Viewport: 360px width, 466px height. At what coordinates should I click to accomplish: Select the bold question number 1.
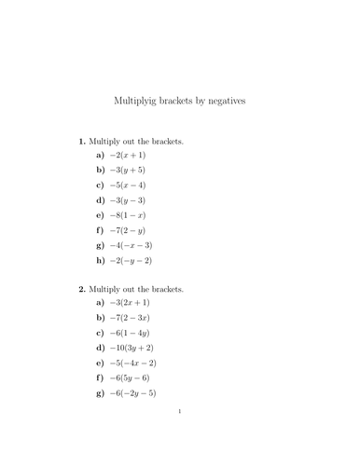(81, 142)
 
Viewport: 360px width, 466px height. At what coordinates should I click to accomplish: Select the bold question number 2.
(81, 290)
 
